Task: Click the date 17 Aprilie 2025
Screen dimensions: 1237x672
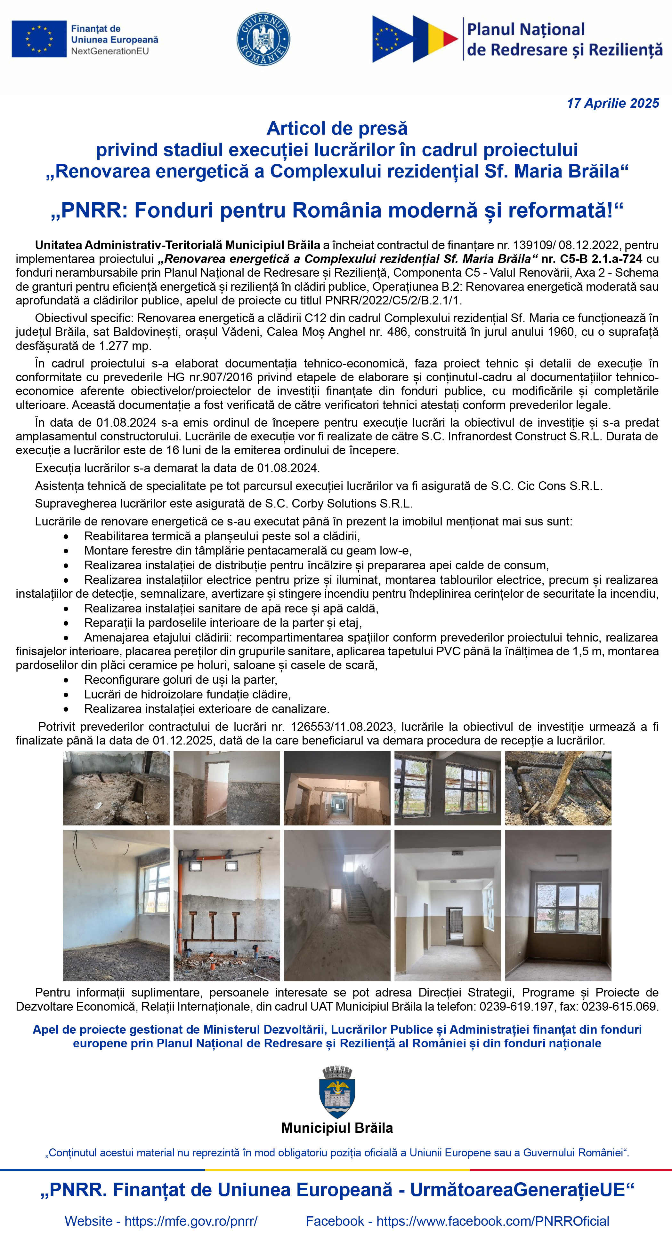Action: tap(612, 103)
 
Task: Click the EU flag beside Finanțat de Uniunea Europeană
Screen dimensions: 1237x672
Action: tap(39, 39)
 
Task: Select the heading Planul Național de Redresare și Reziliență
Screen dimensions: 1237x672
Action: tap(564, 39)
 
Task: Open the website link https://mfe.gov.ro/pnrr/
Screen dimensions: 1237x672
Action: tap(191, 1221)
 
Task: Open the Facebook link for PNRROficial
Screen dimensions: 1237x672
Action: tap(493, 1221)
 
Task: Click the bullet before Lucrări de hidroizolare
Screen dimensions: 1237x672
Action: tap(66, 695)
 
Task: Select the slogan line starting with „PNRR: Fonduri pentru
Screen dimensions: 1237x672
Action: tap(336, 210)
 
